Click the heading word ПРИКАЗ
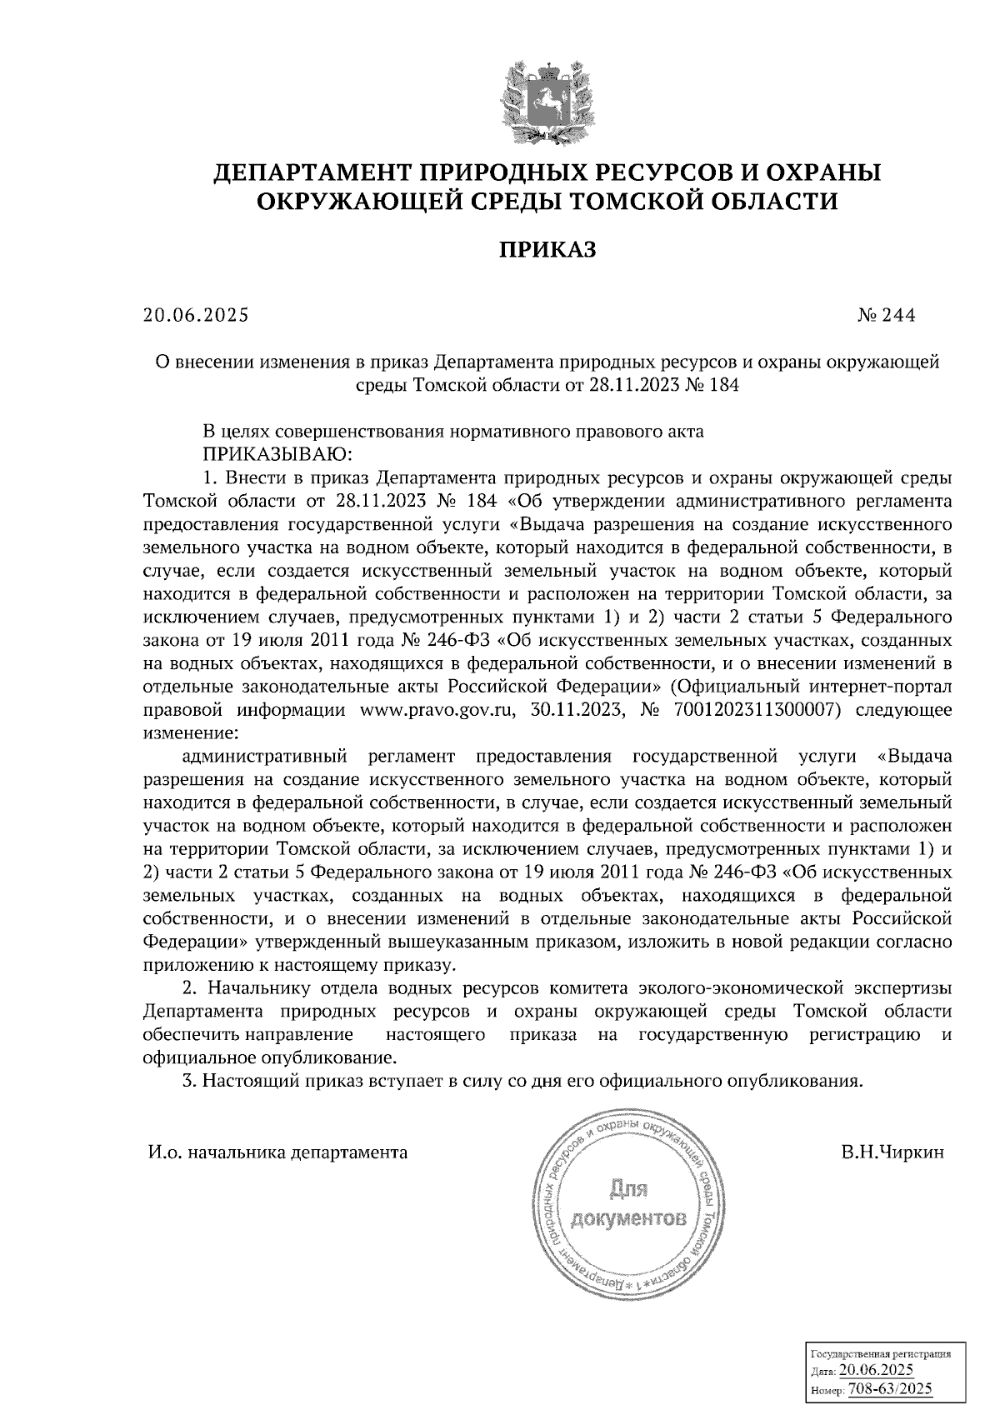tap(547, 250)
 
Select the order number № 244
tap(886, 316)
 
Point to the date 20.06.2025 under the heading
tap(196, 316)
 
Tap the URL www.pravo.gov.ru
tap(441, 711)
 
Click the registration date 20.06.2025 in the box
tap(877, 1371)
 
